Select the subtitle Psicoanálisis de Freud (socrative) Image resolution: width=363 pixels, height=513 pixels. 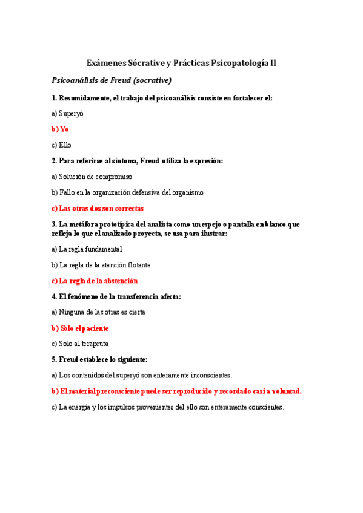tap(112, 80)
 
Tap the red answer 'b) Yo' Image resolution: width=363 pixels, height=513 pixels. tap(60, 129)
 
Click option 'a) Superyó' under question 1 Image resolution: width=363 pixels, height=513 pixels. tap(67, 113)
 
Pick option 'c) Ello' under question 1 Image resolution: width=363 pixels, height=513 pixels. tap(61, 145)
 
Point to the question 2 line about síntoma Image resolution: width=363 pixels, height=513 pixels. tap(138, 161)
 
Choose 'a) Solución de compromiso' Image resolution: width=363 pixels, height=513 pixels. tap(92, 177)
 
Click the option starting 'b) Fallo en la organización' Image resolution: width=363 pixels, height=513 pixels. tap(127, 192)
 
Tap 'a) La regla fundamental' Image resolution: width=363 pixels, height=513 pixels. tap(87, 249)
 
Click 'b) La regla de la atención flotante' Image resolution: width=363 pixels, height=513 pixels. tap(101, 265)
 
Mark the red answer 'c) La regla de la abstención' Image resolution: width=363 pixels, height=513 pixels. tap(95, 281)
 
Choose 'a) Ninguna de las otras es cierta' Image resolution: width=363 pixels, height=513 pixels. tap(98, 312)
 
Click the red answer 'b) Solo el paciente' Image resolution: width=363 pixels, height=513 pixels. tap(80, 328)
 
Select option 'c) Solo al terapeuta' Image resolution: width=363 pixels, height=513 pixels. tap(80, 344)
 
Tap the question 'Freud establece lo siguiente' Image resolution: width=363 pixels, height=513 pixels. tap(99, 359)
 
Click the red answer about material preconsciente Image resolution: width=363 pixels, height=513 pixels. tap(176, 391)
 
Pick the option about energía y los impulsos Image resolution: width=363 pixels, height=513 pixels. tap(167, 407)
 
